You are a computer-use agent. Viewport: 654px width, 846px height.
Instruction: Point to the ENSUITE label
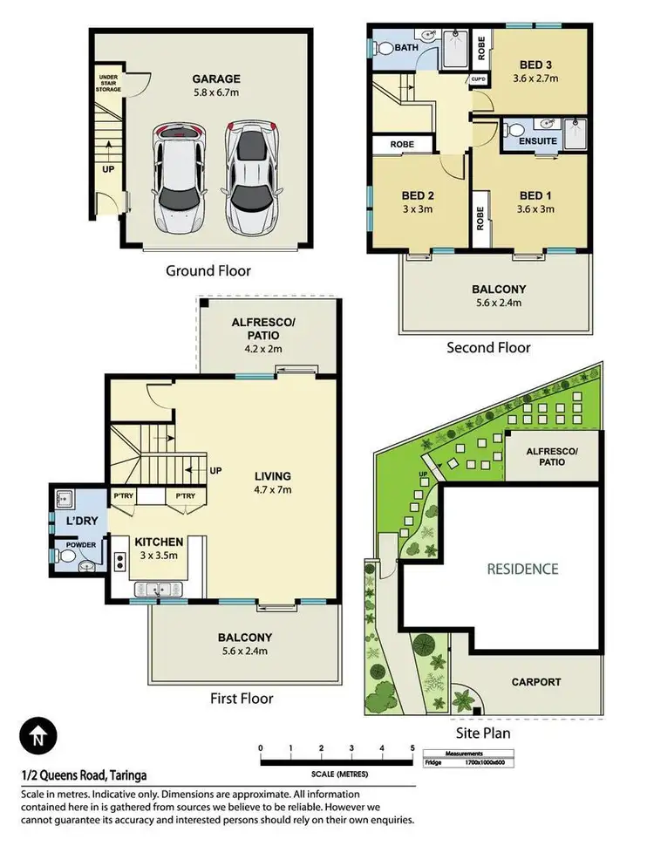(x=532, y=140)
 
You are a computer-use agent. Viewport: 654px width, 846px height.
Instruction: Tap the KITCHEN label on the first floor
(x=159, y=542)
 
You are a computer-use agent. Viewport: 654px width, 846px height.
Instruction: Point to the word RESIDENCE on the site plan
(x=522, y=569)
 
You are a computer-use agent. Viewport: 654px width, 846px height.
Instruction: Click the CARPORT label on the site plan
(x=535, y=682)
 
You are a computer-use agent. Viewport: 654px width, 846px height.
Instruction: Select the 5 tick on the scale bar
(x=412, y=748)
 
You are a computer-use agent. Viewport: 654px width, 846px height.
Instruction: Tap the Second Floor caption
(x=488, y=347)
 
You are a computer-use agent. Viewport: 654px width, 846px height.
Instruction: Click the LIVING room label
(x=273, y=476)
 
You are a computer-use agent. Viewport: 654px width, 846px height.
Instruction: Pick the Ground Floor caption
(x=208, y=270)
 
